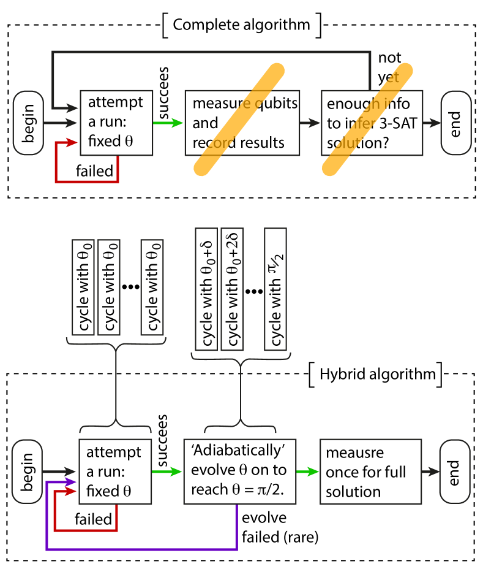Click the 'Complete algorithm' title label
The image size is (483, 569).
[241, 25]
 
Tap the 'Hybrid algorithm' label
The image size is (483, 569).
[377, 374]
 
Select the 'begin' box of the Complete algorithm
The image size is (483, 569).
[28, 123]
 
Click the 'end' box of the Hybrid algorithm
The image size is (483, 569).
[455, 472]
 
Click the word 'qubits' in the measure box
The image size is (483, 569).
[274, 102]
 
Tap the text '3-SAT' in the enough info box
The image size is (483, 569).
[397, 123]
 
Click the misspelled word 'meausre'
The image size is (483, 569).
[354, 453]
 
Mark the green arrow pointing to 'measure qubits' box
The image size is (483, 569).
[168, 123]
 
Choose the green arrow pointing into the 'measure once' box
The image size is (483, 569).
[308, 472]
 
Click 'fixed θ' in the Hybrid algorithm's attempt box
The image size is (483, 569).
[109, 491]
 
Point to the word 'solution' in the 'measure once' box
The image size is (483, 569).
[353, 492]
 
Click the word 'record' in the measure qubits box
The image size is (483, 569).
[212, 143]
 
